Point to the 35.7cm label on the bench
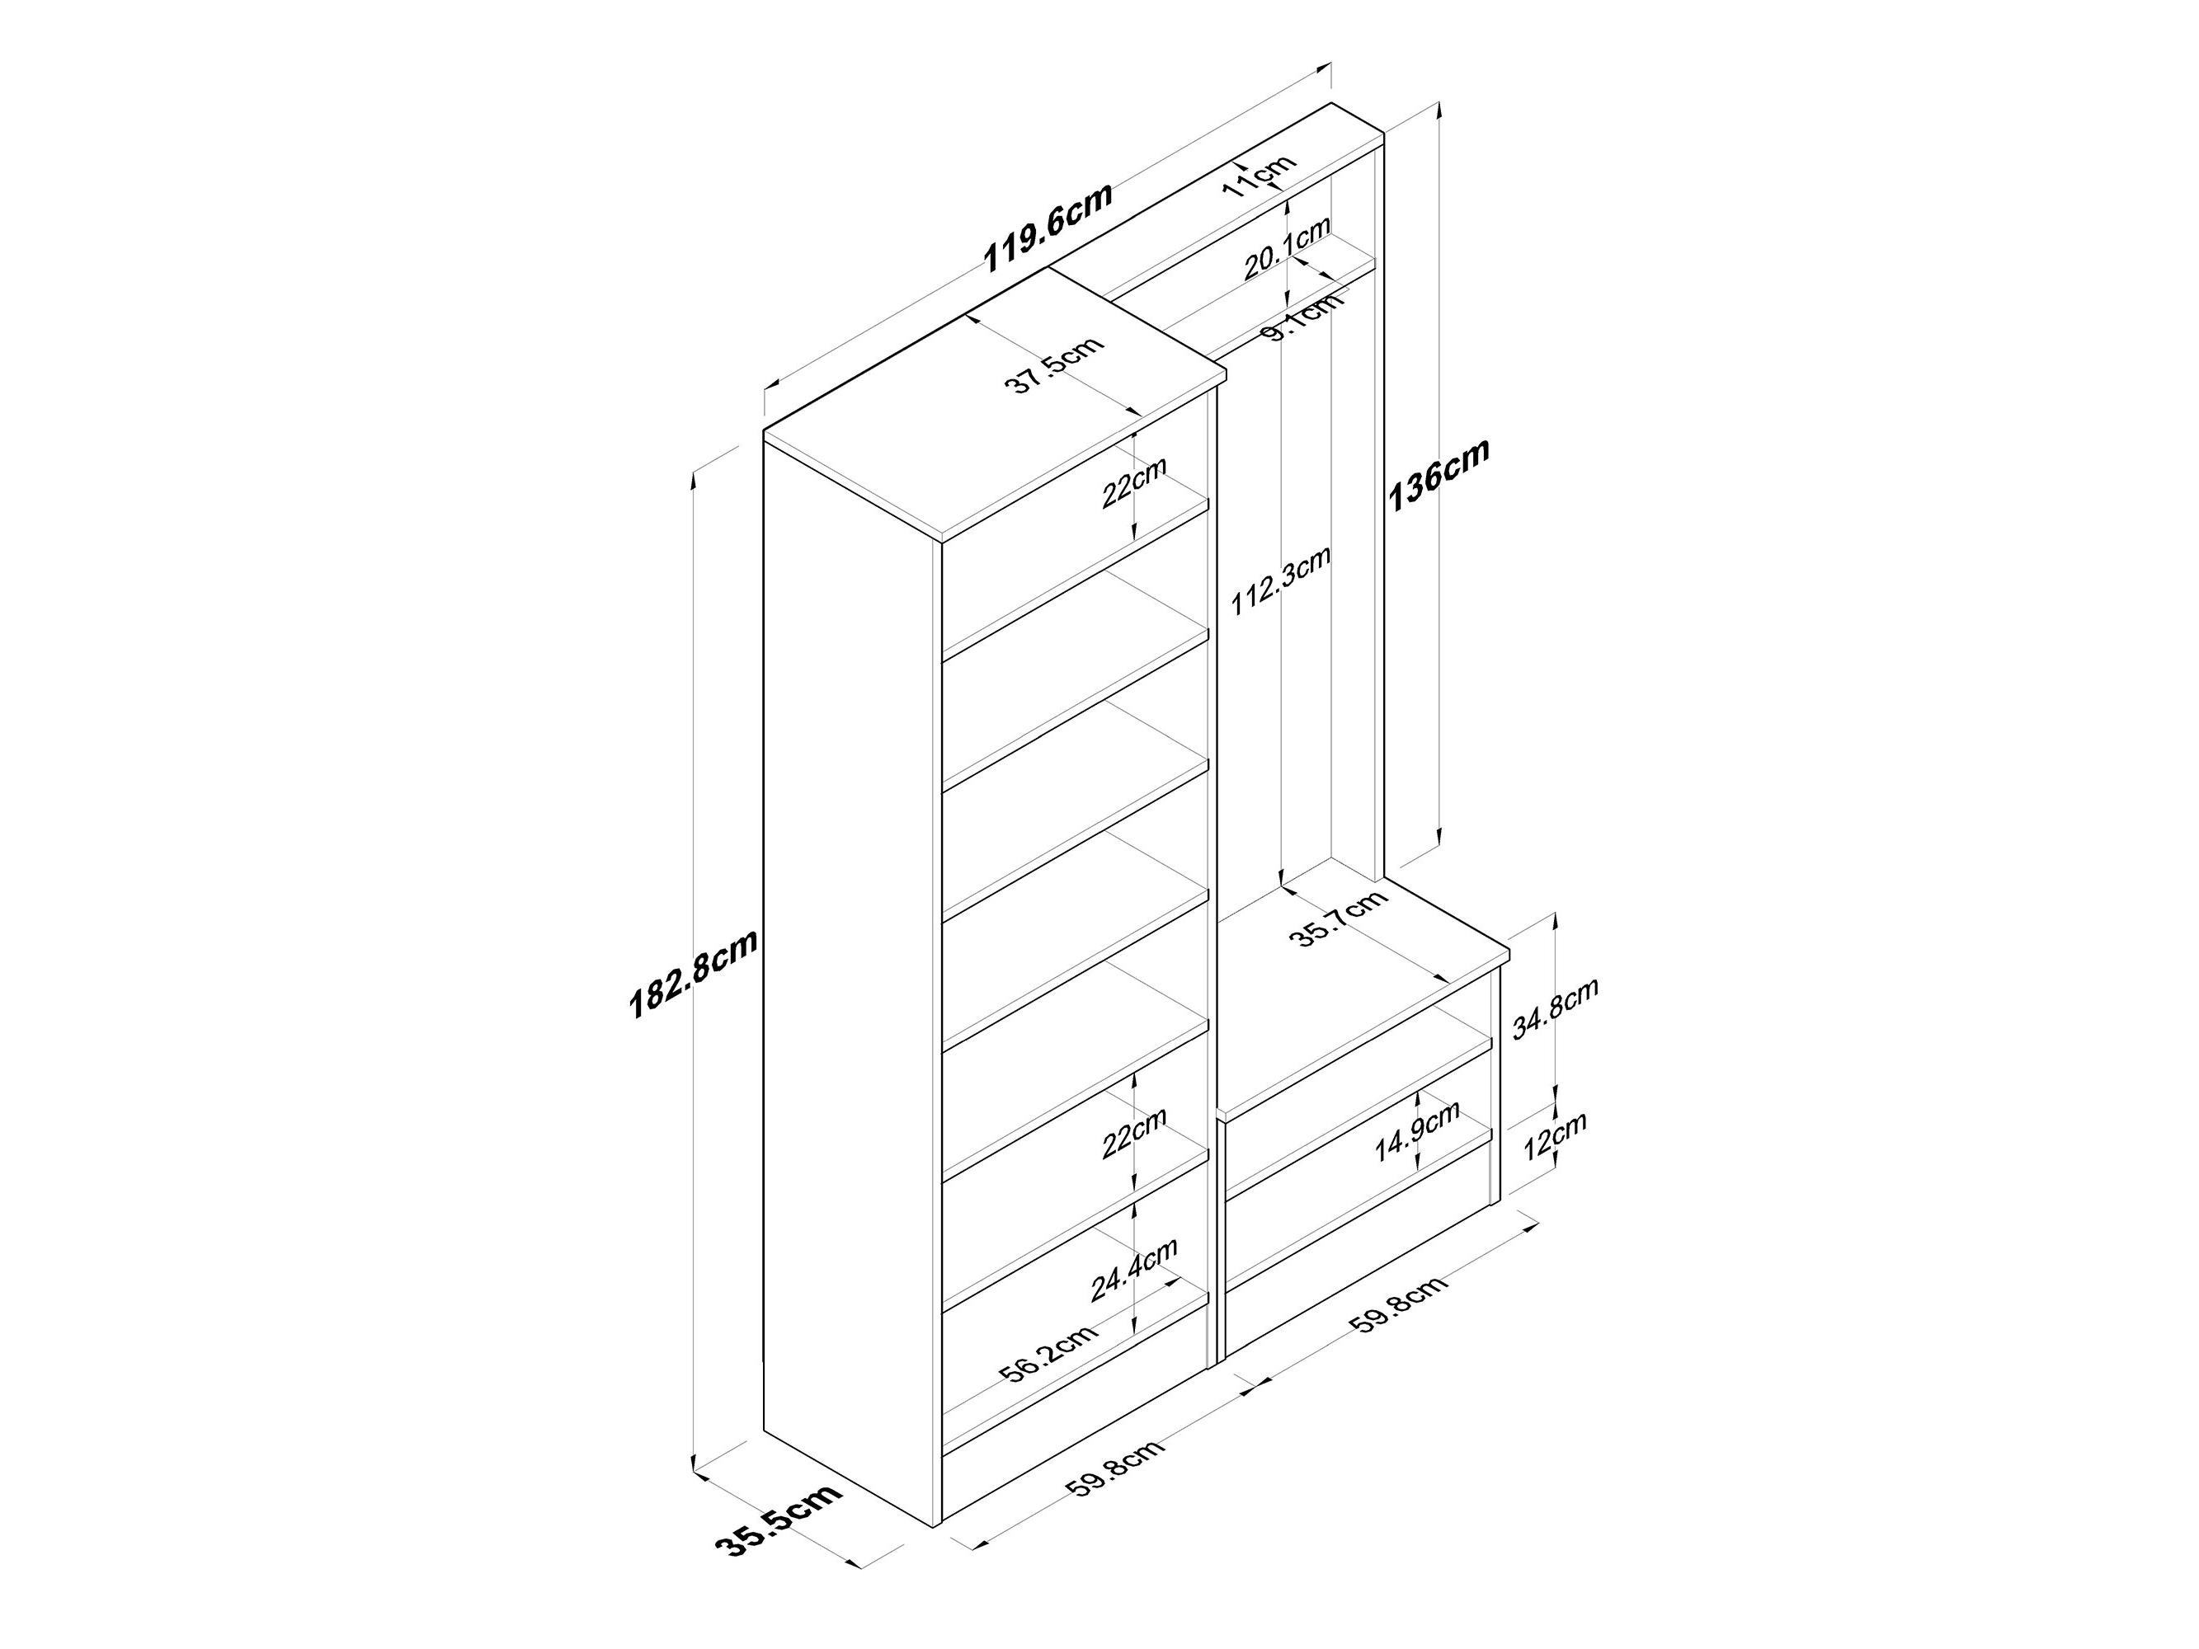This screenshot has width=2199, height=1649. click(x=1343, y=918)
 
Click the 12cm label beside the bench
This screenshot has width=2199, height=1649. click(x=1554, y=1135)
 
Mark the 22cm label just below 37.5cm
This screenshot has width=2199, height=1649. click(x=1133, y=482)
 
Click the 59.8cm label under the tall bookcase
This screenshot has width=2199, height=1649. click(x=1114, y=1483)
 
